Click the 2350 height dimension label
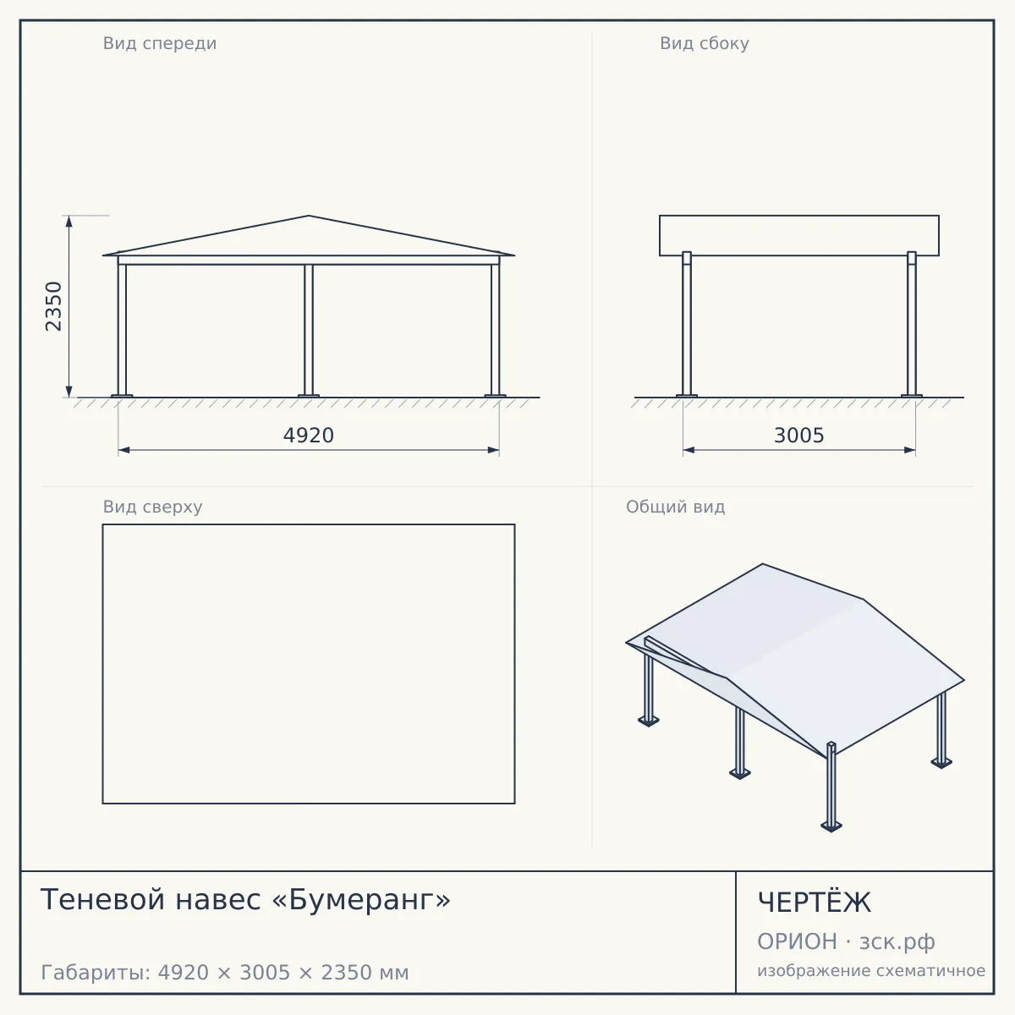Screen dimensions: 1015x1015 click(x=54, y=306)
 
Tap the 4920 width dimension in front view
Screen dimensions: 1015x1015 click(x=309, y=436)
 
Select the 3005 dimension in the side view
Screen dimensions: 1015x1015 click(x=799, y=436)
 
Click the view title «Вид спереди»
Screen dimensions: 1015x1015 click(x=160, y=43)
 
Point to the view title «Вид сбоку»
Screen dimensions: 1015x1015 click(x=705, y=43)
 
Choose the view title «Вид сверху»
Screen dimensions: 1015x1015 click(x=152, y=507)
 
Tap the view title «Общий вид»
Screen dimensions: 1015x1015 click(x=675, y=507)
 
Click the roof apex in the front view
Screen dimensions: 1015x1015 click(x=309, y=216)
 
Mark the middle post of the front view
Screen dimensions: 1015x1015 click(x=309, y=330)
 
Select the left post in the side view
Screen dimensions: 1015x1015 click(x=686, y=324)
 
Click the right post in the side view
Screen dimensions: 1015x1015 click(x=912, y=324)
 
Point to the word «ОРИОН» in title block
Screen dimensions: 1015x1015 click(x=797, y=941)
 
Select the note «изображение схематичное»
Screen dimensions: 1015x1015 click(x=871, y=970)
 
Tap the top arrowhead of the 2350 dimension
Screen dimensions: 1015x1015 click(x=69, y=222)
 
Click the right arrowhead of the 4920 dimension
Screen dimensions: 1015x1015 click(x=493, y=450)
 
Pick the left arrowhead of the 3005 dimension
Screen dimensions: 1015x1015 click(x=689, y=450)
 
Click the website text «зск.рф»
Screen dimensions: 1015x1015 click(x=897, y=942)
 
